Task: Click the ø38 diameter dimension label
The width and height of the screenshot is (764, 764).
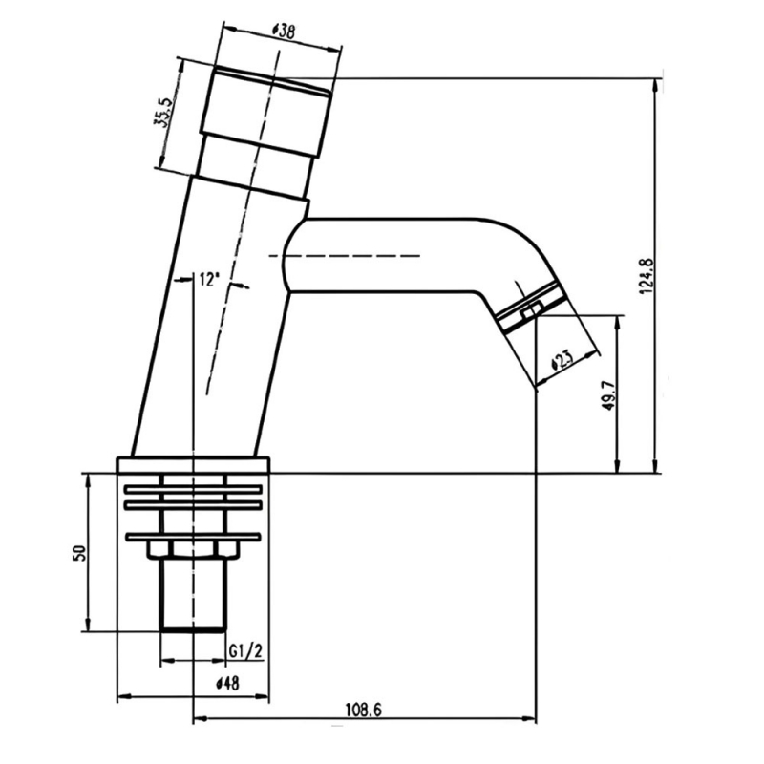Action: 283,32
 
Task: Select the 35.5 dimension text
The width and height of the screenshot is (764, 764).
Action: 163,113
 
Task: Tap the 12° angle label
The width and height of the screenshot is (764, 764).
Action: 207,280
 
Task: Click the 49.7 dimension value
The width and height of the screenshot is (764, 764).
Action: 609,393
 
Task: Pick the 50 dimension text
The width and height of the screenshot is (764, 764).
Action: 79,553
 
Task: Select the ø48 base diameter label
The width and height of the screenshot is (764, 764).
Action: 227,684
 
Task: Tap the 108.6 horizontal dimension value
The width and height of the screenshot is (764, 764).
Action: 364,710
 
